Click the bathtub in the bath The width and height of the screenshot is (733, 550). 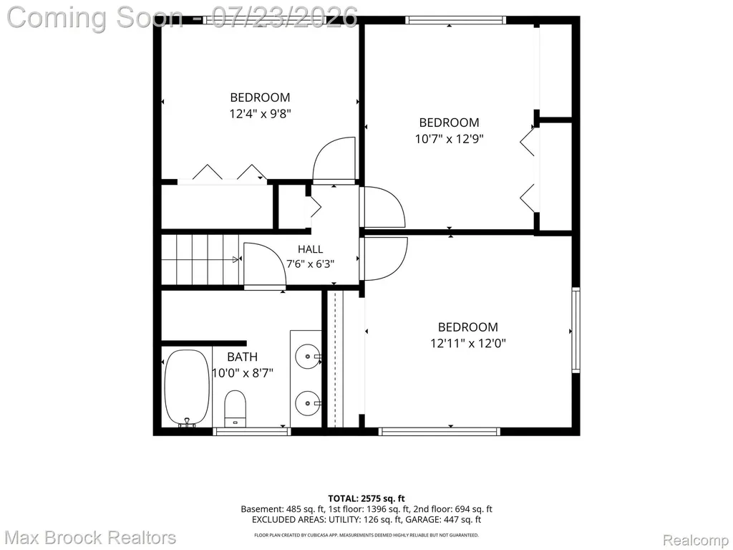click(x=187, y=388)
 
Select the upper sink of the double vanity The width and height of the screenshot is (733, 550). click(x=308, y=357)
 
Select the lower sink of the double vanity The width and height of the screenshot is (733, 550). click(x=308, y=402)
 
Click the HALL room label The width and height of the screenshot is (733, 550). click(x=311, y=249)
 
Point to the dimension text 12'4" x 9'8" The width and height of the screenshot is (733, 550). click(x=261, y=114)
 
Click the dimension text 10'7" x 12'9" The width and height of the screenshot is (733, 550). click(x=450, y=139)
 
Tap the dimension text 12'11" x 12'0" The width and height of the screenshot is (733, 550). click(x=468, y=343)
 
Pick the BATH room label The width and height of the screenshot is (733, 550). click(x=242, y=357)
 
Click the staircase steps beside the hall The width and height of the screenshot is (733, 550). click(x=201, y=259)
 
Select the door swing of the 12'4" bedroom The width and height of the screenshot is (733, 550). click(x=334, y=159)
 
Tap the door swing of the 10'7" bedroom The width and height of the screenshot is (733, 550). click(x=383, y=207)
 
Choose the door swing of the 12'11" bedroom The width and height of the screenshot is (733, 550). click(x=384, y=259)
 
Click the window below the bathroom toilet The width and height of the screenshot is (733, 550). click(x=252, y=432)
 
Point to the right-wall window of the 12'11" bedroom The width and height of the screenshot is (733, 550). click(x=576, y=330)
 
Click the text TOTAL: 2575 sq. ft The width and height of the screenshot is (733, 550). click(x=366, y=498)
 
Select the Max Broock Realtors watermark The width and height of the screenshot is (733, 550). click(x=91, y=538)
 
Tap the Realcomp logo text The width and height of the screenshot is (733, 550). click(x=696, y=540)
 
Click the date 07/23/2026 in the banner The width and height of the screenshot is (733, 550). click(x=285, y=18)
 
